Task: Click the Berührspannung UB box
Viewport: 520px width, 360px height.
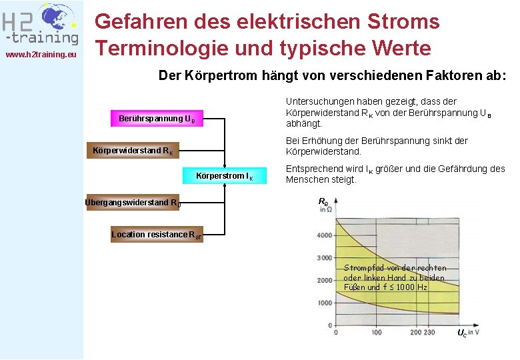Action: (157, 119)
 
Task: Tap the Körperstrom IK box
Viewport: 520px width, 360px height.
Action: (225, 176)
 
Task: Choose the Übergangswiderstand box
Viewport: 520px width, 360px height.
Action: (133, 203)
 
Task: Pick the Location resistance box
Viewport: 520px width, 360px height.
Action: (156, 235)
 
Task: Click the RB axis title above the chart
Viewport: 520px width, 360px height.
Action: (323, 201)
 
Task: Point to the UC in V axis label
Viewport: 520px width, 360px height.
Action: (467, 332)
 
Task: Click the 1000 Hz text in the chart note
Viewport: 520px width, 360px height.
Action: (413, 287)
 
